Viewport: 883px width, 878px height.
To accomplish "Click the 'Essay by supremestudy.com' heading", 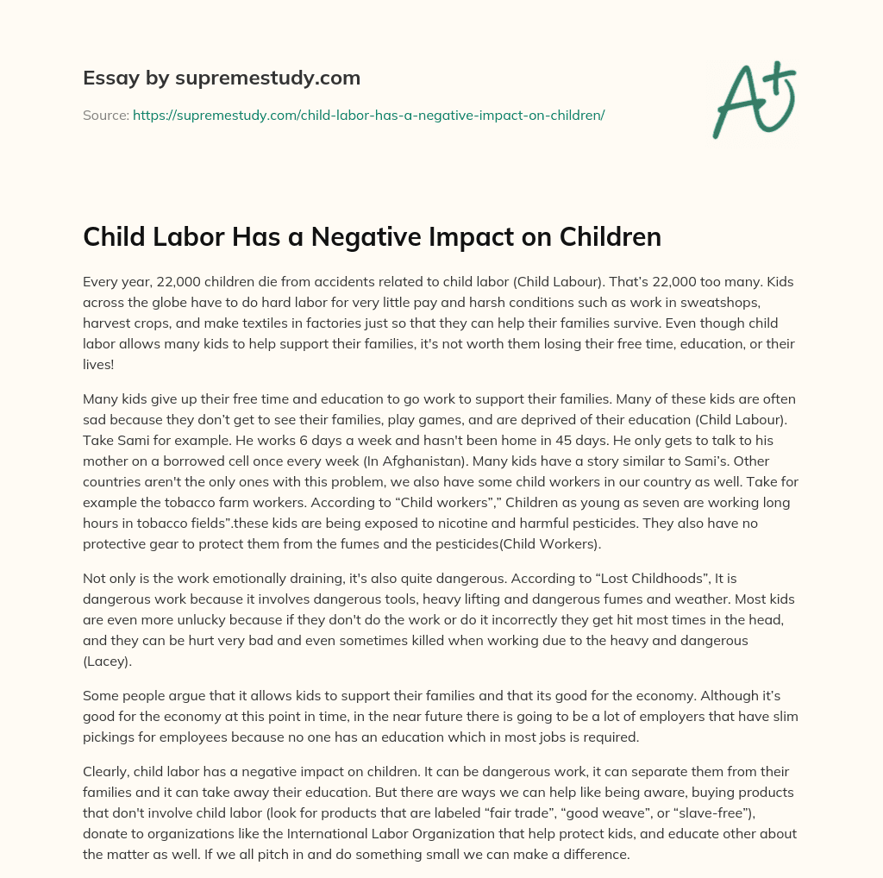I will pyautogui.click(x=222, y=78).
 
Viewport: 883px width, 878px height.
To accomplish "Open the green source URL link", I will pyautogui.click(x=368, y=115).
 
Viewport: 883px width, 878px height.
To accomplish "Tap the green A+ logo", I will pyautogui.click(x=753, y=98).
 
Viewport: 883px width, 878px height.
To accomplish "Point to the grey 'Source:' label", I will pyautogui.click(x=106, y=115).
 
